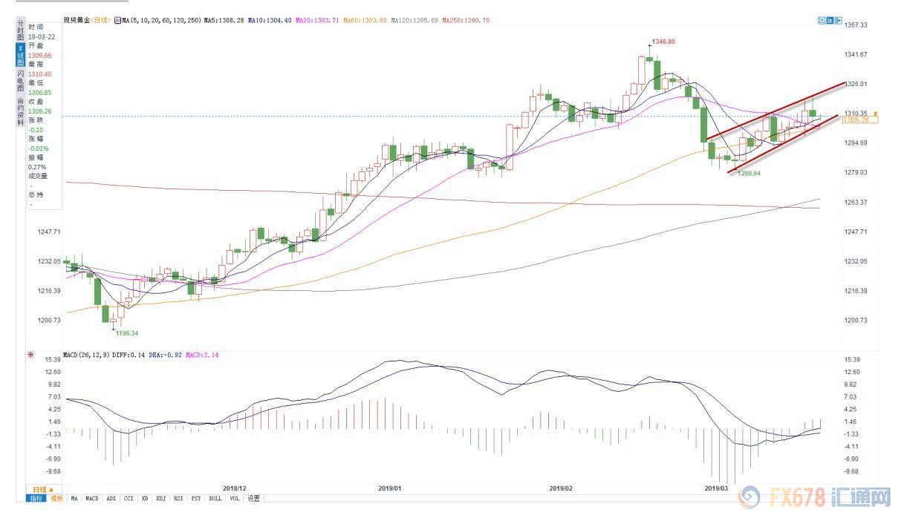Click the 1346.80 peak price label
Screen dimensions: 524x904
(x=663, y=42)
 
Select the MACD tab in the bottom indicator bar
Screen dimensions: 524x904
(x=91, y=499)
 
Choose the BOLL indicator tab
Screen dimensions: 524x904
(x=215, y=499)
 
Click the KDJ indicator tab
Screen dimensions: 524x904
(x=160, y=499)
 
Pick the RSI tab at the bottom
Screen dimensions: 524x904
(x=178, y=499)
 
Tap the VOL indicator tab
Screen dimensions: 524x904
(x=235, y=499)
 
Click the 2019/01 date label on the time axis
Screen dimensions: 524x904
(x=389, y=488)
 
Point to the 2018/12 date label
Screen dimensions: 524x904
(x=234, y=488)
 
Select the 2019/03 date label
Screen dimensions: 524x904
(x=716, y=488)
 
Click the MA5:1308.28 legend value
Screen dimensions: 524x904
(x=224, y=20)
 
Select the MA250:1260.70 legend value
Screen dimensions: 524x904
(x=466, y=20)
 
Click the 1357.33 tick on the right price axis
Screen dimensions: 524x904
(x=856, y=25)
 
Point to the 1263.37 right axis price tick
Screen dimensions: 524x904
(x=856, y=203)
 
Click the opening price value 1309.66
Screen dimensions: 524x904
(x=39, y=55)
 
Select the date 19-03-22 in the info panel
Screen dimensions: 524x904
(x=41, y=36)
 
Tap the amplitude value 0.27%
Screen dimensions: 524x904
(x=38, y=166)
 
